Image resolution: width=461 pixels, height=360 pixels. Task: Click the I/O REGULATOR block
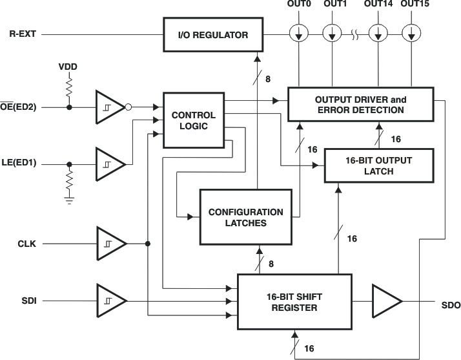(214, 35)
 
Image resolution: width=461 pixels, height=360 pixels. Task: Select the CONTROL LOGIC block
(189, 120)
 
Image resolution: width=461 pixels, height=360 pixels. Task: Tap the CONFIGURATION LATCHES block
(245, 217)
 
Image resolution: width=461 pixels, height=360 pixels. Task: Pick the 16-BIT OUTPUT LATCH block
(370, 165)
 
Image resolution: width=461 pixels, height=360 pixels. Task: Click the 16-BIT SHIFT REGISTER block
(294, 302)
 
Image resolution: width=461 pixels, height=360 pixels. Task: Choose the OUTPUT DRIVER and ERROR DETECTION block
(360, 105)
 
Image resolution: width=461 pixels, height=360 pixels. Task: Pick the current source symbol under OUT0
(298, 32)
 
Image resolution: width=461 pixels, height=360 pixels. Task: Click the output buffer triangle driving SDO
(385, 302)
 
